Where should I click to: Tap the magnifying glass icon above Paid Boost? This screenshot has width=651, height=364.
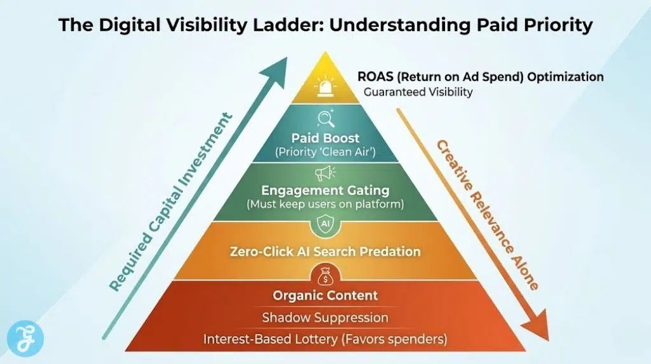click(x=325, y=119)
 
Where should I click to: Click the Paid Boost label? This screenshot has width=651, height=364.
click(x=325, y=138)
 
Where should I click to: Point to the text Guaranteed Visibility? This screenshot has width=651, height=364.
click(x=418, y=92)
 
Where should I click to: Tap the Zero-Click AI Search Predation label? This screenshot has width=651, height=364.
click(x=325, y=251)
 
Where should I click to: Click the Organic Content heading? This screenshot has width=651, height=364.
click(x=325, y=295)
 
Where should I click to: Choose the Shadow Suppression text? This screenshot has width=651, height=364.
click(x=325, y=317)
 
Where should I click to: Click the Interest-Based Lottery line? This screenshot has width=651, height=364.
click(x=325, y=339)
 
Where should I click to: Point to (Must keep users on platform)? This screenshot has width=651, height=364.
click(x=325, y=205)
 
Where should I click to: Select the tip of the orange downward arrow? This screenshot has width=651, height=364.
click(x=541, y=335)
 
